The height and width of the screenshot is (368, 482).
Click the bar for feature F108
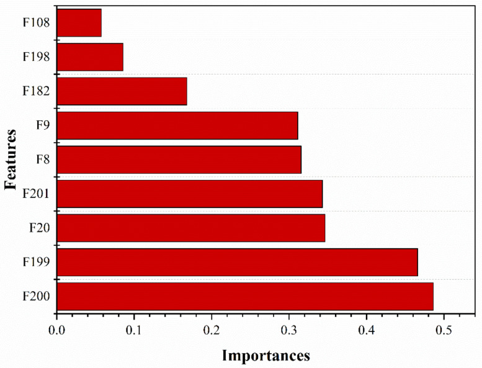coord(79,23)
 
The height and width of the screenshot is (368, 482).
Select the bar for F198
coord(90,57)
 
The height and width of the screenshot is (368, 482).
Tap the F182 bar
coord(122,91)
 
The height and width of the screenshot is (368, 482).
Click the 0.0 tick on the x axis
coord(57,328)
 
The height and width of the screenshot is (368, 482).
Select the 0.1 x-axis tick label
coord(134,328)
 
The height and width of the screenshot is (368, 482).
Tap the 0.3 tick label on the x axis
coord(289,328)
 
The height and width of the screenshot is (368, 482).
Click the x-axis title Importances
coord(265,356)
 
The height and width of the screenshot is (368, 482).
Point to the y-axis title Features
coord(11,159)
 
